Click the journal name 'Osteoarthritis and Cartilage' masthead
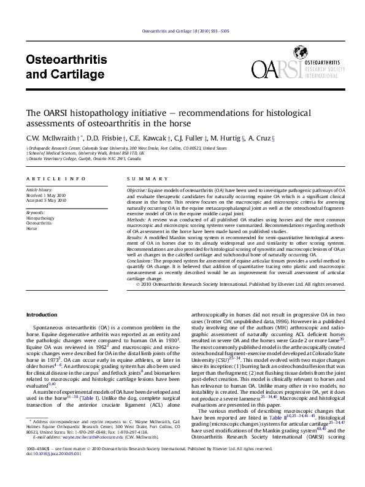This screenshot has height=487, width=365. tap(64, 67)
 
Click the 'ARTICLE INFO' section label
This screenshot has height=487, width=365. tap(56, 178)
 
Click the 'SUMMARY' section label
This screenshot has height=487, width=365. tap(138, 178)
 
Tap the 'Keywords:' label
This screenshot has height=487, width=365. tap(36, 212)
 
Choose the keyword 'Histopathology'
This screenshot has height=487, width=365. tap(40, 218)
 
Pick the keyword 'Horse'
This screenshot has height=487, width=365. tap(31, 228)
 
